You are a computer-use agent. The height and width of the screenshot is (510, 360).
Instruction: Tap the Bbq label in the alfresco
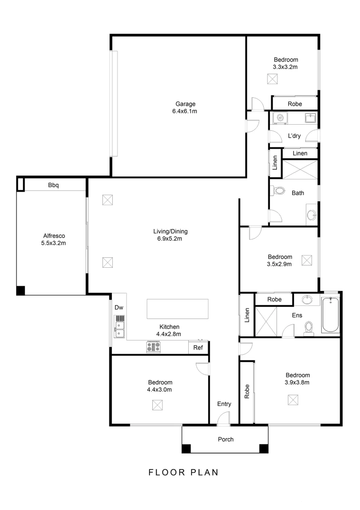click(53, 185)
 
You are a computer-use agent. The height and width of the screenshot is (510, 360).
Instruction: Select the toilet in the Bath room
click(279, 191)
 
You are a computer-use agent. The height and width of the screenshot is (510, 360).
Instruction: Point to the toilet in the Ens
click(310, 327)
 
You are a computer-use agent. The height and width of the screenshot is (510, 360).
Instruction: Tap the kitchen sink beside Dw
click(119, 326)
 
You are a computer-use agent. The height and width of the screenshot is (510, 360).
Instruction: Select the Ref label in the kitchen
click(198, 348)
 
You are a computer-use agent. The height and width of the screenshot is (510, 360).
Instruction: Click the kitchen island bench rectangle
click(178, 309)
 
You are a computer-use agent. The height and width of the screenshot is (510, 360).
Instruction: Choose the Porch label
click(226, 439)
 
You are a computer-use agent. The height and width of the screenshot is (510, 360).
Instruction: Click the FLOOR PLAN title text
click(184, 472)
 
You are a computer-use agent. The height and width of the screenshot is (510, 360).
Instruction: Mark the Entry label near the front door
click(224, 404)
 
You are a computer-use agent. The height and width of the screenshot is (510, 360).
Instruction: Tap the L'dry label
click(294, 136)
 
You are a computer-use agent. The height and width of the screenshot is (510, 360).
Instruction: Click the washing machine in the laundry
click(280, 118)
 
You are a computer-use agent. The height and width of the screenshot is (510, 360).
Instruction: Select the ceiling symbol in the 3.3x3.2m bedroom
click(273, 79)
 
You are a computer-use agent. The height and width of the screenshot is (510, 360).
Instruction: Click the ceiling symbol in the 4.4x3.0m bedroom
click(158, 405)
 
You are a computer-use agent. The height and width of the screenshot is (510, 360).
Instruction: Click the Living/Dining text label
click(170, 231)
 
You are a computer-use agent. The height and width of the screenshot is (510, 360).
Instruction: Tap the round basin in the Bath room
click(311, 215)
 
